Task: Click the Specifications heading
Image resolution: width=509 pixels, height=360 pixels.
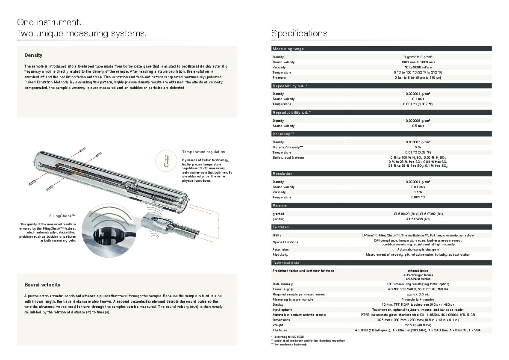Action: [x=299, y=33]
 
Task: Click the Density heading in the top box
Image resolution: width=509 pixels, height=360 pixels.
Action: [x=33, y=55]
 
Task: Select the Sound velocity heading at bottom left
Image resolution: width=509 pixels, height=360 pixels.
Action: [x=42, y=284]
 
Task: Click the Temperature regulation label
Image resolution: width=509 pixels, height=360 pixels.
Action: [x=203, y=152]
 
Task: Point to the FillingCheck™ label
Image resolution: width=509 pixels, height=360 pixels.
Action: [x=62, y=216]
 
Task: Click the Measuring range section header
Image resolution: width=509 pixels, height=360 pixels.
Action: [x=288, y=49]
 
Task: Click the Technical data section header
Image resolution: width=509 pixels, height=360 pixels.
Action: [x=286, y=263]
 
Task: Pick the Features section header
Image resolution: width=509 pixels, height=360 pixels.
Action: [x=281, y=227]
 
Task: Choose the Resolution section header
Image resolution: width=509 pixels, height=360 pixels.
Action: [x=282, y=174]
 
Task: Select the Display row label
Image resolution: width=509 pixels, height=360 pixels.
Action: [x=278, y=304]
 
